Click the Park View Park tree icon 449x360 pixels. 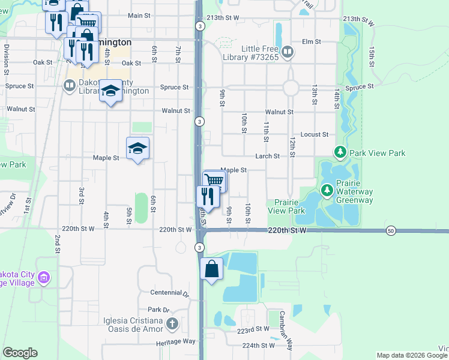coord(340,153)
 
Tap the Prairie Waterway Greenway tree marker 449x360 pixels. coord(327,191)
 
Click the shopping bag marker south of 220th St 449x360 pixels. coord(212,269)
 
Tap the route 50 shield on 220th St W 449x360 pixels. coord(391,230)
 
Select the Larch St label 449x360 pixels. coord(267,156)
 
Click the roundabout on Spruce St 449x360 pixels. coord(291,88)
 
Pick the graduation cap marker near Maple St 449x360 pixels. coord(137,148)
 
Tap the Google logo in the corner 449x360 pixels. coord(20,353)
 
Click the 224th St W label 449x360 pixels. coord(258,346)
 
